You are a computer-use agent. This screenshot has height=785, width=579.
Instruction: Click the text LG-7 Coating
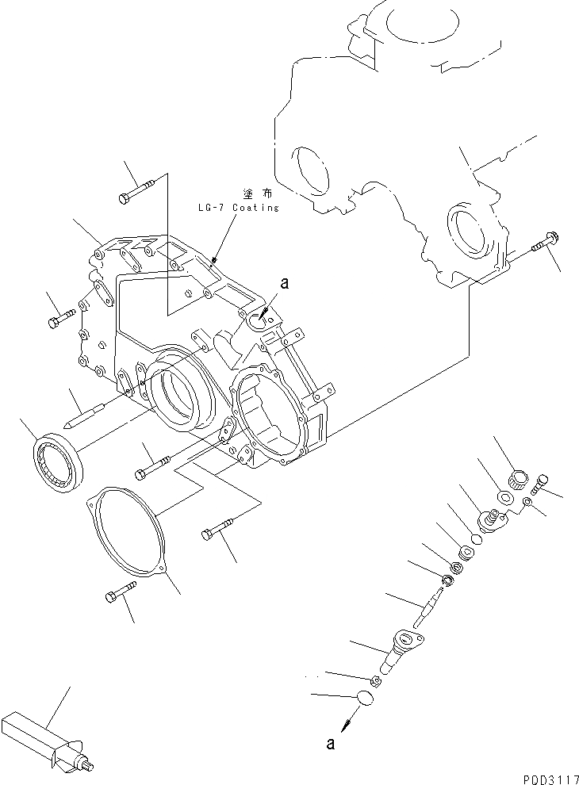(x=239, y=208)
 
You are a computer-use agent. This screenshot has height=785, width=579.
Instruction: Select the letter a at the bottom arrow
(x=330, y=743)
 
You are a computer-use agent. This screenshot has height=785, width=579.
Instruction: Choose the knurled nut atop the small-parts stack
(x=517, y=478)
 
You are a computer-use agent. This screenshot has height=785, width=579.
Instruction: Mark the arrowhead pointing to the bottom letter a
(x=347, y=724)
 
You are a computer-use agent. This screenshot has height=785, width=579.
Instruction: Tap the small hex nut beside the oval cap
(x=377, y=679)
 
